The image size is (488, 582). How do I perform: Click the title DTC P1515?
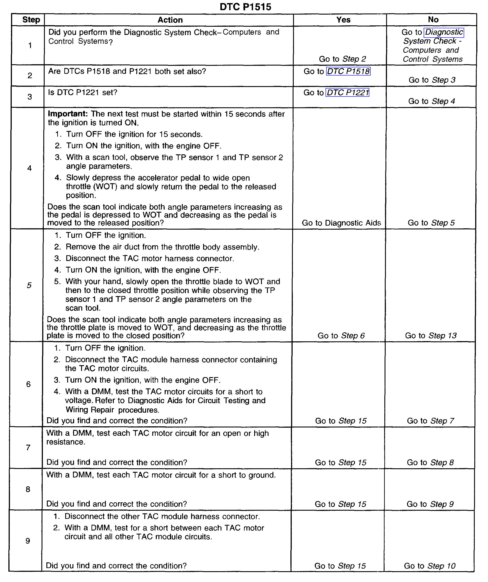pos(245,7)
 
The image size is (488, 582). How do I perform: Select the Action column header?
pos(170,20)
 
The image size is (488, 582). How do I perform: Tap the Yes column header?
pos(343,20)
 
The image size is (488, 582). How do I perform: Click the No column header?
pos(433,19)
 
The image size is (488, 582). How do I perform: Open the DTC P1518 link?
pos(348,72)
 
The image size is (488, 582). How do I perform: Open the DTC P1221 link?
pos(348,93)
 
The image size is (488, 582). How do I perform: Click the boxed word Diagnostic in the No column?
pos(444,32)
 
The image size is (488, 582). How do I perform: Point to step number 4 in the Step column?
pos(29,168)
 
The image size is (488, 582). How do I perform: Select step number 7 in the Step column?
pos(28,448)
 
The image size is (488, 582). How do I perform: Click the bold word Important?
pos(68,114)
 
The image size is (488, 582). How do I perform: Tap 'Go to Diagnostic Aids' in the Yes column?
pos(341,223)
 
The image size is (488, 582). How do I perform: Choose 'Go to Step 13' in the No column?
pos(431,336)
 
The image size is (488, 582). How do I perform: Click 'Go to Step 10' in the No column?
pos(429,566)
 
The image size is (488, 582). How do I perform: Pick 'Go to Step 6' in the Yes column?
pos(341,336)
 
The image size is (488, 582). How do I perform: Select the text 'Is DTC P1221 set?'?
pos(83,93)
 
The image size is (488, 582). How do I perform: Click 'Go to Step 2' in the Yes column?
pos(342,59)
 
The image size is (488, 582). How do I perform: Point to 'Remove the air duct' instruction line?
pos(162,247)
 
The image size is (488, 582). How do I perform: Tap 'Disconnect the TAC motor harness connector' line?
pos(150,259)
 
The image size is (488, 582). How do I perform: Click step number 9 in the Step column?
pos(28,541)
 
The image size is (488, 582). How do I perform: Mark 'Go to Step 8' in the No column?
pos(430,462)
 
